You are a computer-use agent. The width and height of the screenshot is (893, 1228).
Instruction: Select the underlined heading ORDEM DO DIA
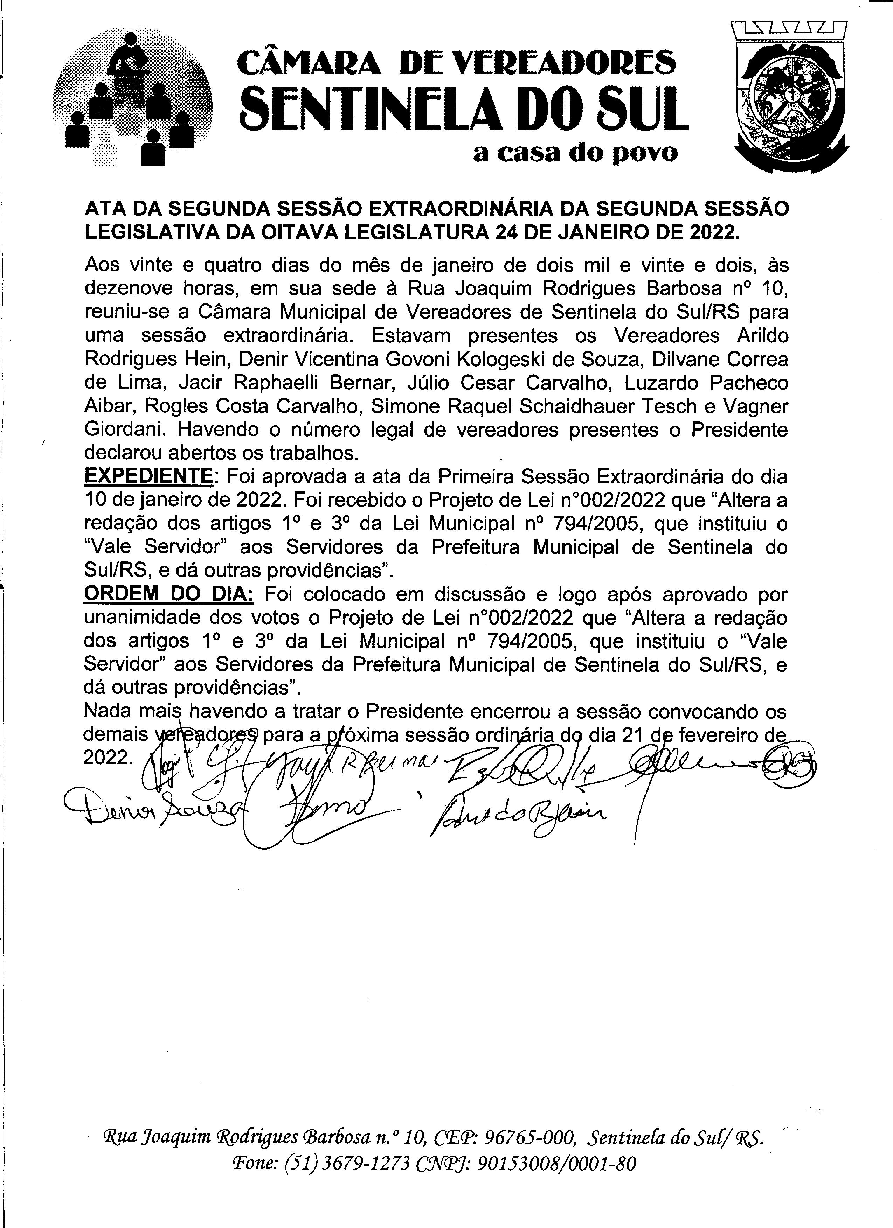[x=168, y=594]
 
